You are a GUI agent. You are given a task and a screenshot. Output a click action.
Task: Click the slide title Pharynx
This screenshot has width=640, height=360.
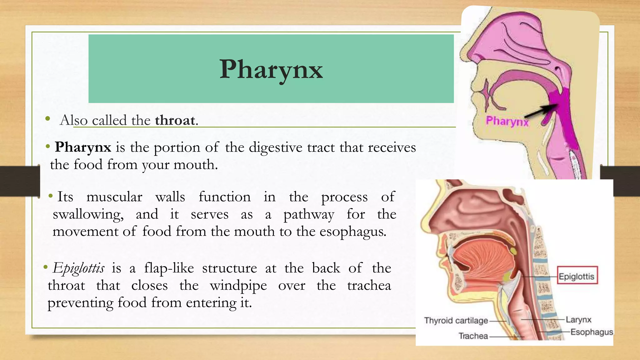coord(271,69)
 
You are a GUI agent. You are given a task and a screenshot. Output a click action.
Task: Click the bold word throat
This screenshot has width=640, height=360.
coord(175,120)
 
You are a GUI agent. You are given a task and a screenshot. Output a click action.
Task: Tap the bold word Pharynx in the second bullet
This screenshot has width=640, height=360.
coord(83,147)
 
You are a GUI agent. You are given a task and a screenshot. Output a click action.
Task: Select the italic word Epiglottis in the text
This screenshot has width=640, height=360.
coord(78,268)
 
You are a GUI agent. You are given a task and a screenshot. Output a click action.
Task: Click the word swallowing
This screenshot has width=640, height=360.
coord(88,215)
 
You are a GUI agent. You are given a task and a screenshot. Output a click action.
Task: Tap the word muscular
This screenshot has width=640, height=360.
coord(114,197)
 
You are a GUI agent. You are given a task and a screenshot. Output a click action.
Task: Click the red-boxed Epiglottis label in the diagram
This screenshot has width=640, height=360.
coord(577,276)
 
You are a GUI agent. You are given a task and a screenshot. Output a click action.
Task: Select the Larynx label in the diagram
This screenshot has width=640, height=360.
coord(578,320)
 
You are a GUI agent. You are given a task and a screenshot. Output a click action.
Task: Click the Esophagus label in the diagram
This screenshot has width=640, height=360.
coord(592,332)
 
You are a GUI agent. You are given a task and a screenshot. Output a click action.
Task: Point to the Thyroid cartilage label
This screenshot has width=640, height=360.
coord(456,321)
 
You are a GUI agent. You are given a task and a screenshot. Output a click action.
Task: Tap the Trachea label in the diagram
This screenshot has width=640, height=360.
coord(473,336)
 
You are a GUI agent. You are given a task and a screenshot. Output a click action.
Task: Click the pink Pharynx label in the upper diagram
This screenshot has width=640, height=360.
coord(507,121)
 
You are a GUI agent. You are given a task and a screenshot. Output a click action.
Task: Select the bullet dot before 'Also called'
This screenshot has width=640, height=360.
coord(47,118)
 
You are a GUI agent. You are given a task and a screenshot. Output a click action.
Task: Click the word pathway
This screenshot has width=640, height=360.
coord(309,215)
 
